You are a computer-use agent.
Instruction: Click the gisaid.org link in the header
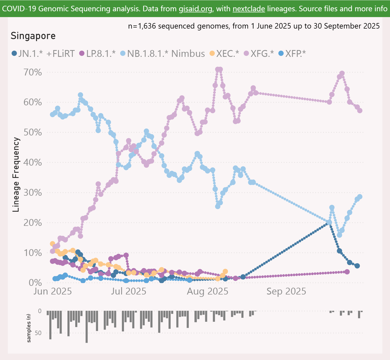coord(195,9)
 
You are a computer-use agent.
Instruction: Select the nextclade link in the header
coord(249,9)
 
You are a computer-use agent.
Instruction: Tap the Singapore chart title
coord(33,36)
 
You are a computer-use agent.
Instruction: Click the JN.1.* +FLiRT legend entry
coord(44,54)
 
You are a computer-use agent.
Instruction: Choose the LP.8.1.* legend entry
coord(97,54)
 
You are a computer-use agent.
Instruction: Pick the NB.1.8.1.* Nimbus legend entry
coord(162,54)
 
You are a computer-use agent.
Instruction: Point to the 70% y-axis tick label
coord(33,72)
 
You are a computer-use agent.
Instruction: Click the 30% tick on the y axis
coord(33,193)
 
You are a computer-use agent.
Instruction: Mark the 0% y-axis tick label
coord(35,283)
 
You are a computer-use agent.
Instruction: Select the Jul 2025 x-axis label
coord(128,291)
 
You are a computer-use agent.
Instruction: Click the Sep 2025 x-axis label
coord(286,291)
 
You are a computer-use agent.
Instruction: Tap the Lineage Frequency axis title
coord(16,174)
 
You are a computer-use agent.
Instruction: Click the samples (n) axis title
coord(29,328)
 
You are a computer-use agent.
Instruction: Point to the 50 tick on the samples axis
coord(38,333)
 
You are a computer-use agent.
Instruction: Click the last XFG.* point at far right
coord(360,111)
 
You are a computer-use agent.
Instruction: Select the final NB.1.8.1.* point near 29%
coord(360,197)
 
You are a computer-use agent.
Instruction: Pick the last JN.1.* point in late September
coord(357,266)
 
